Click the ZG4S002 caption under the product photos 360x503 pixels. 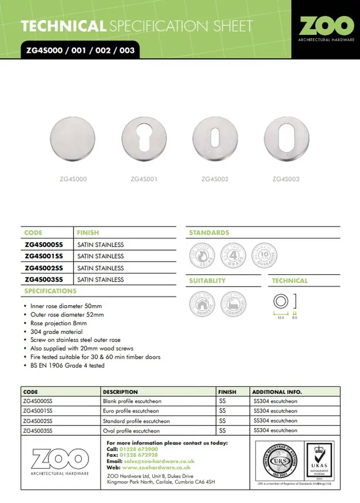click(215, 179)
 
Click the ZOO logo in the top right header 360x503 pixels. click(326, 28)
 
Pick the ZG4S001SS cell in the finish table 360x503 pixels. click(44, 256)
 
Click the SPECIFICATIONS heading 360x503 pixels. click(50, 291)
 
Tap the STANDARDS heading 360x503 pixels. click(209, 233)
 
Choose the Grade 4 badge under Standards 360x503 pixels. click(233, 255)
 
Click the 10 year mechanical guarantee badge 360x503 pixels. click(266, 255)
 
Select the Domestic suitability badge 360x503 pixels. click(202, 304)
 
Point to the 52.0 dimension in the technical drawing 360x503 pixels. click(281, 318)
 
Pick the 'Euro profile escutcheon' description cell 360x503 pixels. click(132, 411)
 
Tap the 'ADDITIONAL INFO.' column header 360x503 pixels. click(277, 392)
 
